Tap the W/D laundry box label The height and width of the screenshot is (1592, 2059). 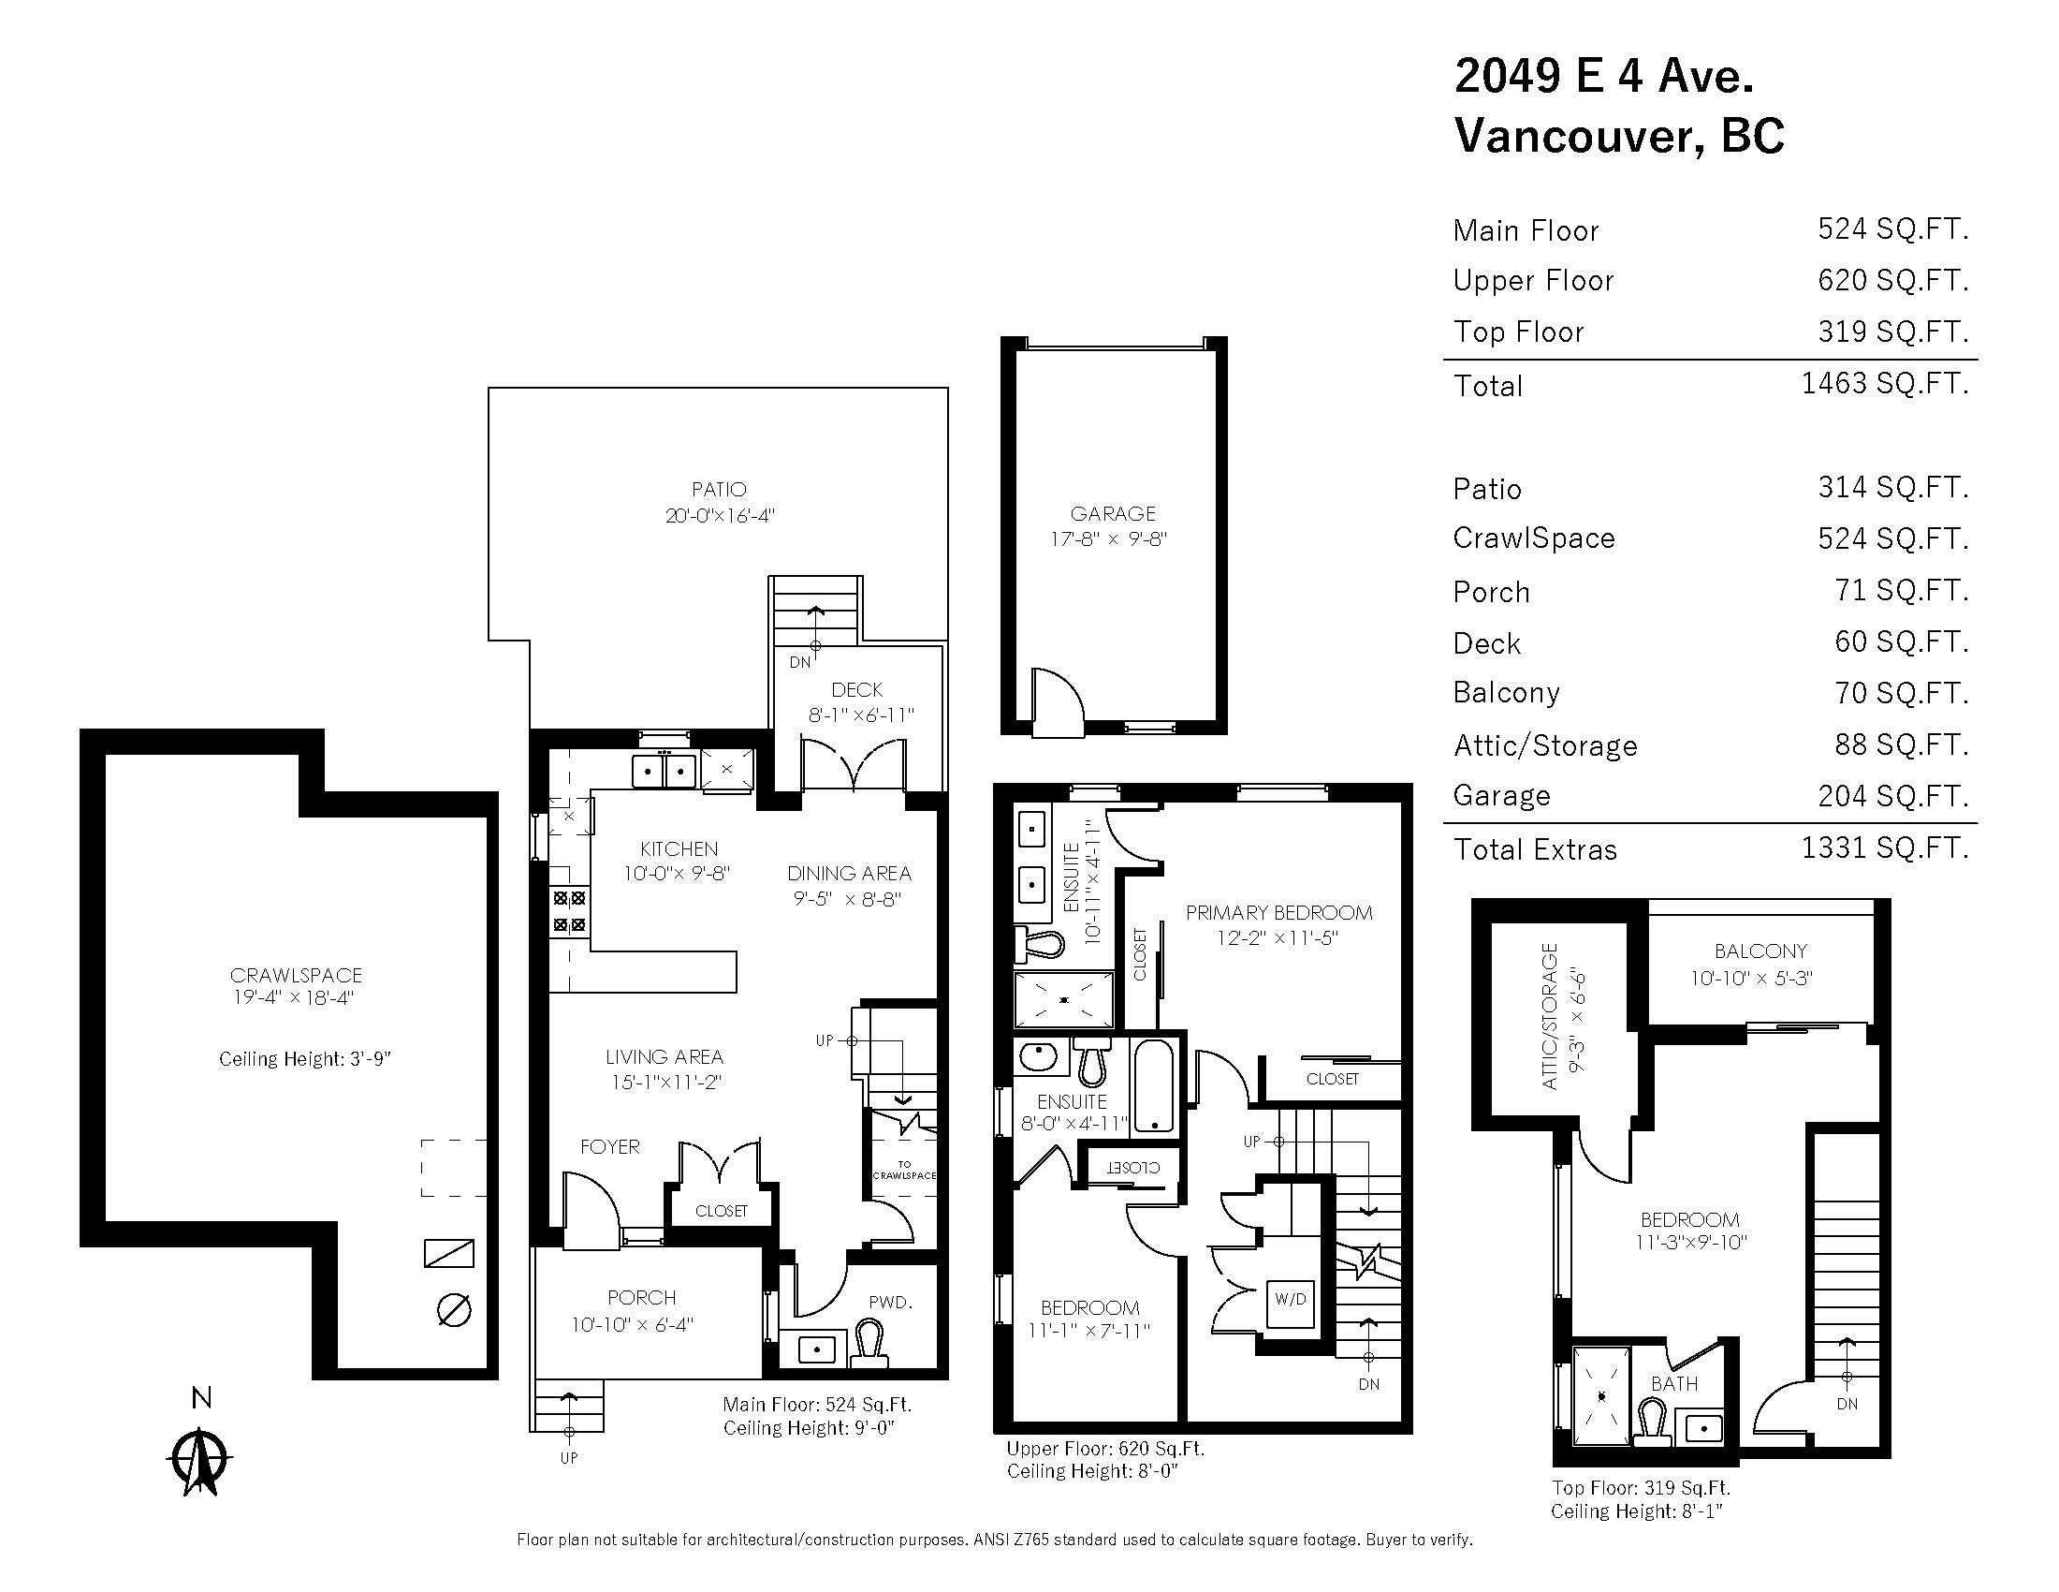pyautogui.click(x=1291, y=1299)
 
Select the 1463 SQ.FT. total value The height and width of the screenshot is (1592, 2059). pyautogui.click(x=1884, y=383)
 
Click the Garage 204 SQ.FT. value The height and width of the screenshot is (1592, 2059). pyautogui.click(x=1892, y=796)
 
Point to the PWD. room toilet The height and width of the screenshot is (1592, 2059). pyautogui.click(x=869, y=1342)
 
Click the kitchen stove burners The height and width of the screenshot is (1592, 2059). pyautogui.click(x=569, y=912)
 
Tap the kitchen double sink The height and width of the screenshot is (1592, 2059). pyautogui.click(x=664, y=771)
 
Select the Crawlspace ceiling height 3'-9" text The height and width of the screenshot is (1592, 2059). pyautogui.click(x=304, y=1059)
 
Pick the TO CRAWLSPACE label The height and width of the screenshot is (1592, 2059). pyautogui.click(x=904, y=1171)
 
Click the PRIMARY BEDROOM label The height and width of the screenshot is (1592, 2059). pyautogui.click(x=1278, y=912)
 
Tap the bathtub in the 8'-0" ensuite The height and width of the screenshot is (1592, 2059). pyautogui.click(x=1153, y=1085)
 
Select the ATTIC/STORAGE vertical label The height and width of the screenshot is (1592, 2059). pyautogui.click(x=1549, y=1016)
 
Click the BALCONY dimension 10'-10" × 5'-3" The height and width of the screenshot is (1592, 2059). pyautogui.click(x=1751, y=978)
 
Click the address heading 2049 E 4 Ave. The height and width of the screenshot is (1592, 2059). pyautogui.click(x=1603, y=76)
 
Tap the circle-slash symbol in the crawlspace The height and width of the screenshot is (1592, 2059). pyautogui.click(x=455, y=1310)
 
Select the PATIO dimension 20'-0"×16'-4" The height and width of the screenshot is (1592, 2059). pyautogui.click(x=720, y=516)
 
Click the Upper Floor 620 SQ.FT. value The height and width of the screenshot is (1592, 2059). pyautogui.click(x=1892, y=280)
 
